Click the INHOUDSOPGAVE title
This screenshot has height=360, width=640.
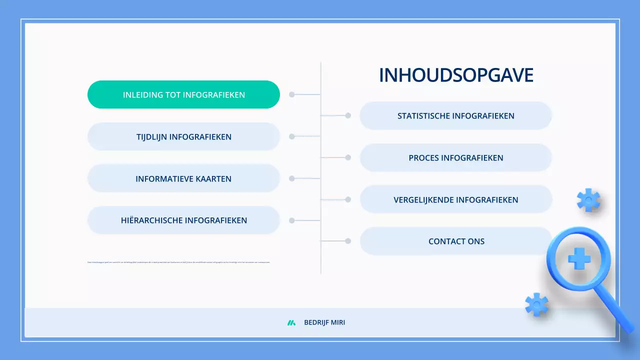[456, 75]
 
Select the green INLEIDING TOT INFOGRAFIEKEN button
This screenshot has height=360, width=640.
[183, 94]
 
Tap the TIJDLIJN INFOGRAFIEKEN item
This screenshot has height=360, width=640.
[183, 136]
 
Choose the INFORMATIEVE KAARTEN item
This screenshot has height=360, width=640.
[183, 178]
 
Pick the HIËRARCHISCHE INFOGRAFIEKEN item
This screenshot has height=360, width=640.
[183, 220]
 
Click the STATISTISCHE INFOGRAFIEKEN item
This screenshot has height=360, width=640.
[455, 116]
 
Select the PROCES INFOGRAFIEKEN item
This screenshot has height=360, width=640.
[455, 158]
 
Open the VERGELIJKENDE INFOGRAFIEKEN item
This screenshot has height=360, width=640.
[455, 200]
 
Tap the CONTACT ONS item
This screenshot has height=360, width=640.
[455, 241]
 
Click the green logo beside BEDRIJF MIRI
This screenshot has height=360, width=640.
[291, 323]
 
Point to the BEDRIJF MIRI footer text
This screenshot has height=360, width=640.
[324, 323]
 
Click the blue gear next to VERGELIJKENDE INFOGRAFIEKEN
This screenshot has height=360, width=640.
[588, 200]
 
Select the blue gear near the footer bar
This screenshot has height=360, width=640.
[536, 304]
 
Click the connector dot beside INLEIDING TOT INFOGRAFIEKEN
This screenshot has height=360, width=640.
[292, 94]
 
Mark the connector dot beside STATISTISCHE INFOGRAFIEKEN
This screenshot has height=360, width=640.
[348, 115]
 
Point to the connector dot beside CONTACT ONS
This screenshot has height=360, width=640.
[348, 241]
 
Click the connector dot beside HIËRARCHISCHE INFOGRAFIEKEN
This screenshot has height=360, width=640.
[292, 220]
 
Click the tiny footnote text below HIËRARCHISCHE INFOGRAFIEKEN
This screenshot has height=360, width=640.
[178, 262]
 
